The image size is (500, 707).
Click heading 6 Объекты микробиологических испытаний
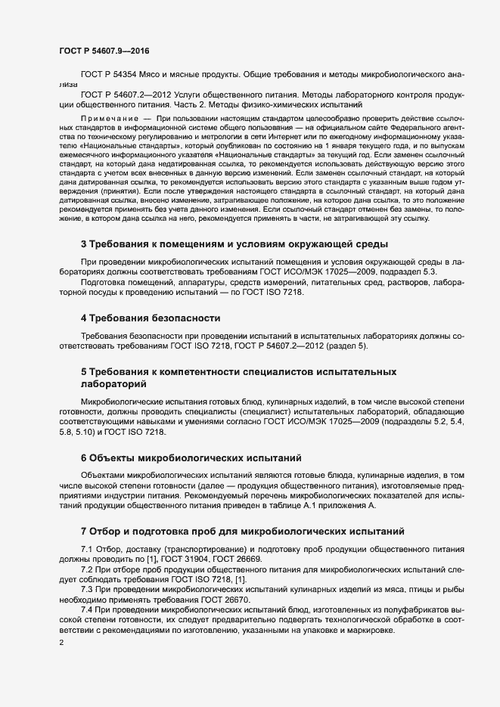[x=191, y=457]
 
